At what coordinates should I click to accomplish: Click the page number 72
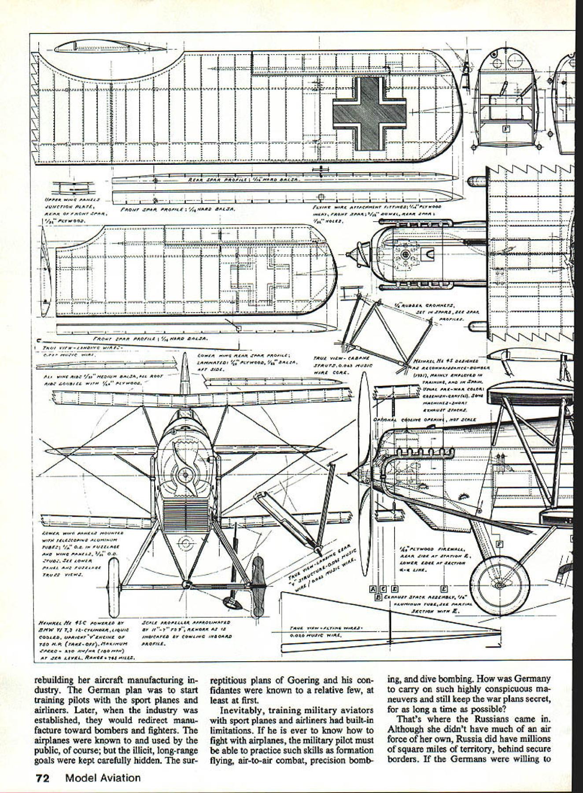tap(44, 778)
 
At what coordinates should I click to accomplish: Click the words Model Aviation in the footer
tap(103, 778)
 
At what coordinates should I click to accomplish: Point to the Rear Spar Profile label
tap(244, 180)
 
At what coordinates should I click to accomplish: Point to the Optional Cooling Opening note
tap(424, 419)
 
